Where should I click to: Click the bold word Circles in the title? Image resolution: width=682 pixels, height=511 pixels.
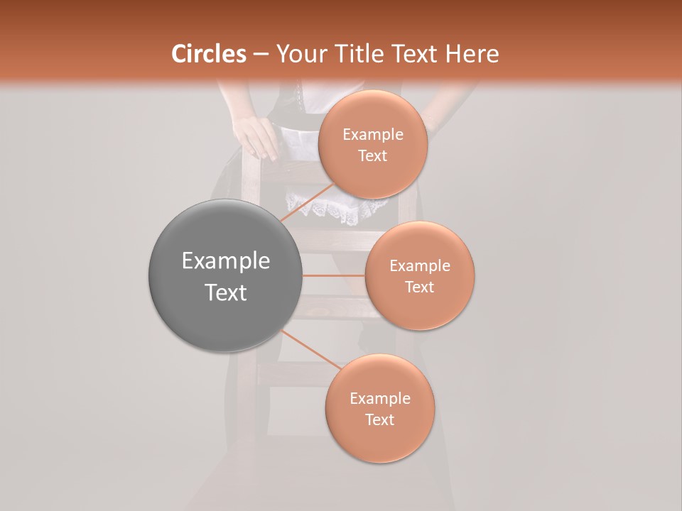(x=209, y=54)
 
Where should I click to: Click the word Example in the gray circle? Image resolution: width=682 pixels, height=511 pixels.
(x=225, y=261)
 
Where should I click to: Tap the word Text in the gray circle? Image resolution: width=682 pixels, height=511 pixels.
(x=225, y=292)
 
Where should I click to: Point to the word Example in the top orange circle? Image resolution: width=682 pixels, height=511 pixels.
(x=373, y=135)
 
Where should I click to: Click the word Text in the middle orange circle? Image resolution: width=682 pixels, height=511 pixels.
(x=419, y=287)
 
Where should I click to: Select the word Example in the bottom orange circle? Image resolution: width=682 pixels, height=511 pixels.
(x=380, y=398)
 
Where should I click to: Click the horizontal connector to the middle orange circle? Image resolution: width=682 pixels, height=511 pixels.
(x=333, y=275)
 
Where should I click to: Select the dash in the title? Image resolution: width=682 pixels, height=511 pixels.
(x=261, y=54)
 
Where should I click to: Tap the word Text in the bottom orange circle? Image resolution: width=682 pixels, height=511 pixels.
(x=379, y=419)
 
